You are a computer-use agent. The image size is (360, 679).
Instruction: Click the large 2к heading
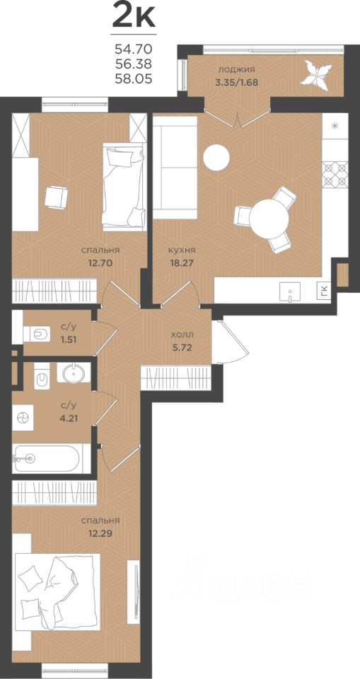(134, 16)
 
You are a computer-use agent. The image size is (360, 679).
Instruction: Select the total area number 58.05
(134, 79)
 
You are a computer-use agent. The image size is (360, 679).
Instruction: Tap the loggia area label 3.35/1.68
(237, 82)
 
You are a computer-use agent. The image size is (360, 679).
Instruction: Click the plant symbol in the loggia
(319, 76)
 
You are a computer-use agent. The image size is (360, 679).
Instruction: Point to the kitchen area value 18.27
(182, 263)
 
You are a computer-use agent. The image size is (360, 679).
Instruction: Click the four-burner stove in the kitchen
(335, 174)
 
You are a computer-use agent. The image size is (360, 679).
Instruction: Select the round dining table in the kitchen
(269, 219)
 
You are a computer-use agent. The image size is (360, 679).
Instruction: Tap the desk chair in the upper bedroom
(57, 197)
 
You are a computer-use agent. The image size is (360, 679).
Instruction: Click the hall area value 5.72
(182, 347)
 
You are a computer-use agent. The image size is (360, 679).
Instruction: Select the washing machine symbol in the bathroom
(22, 417)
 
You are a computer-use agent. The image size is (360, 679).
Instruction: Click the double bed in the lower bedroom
(57, 592)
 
